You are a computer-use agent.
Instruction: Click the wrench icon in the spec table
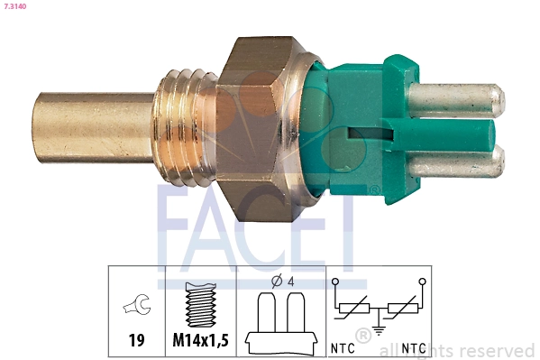(x=137, y=309)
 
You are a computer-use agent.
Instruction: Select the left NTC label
(x=342, y=346)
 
